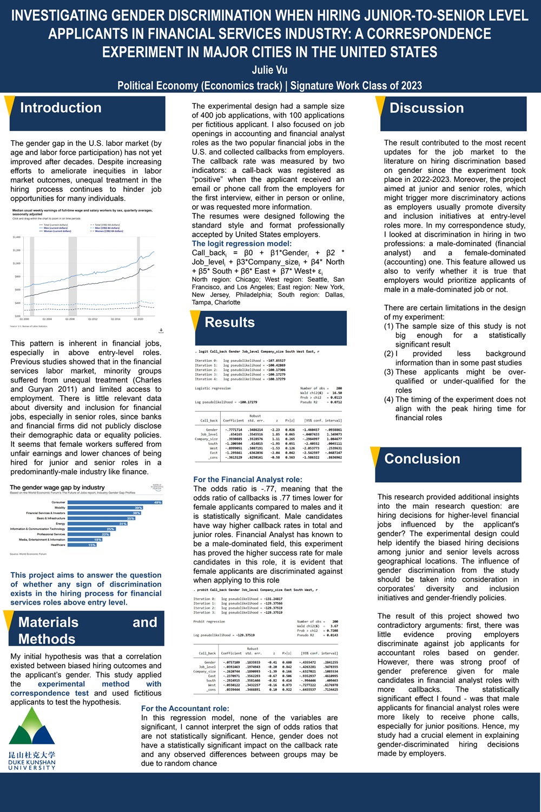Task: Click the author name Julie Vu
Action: [269, 70]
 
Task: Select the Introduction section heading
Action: [61, 108]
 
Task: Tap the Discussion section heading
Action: [426, 108]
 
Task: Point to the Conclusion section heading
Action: [422, 459]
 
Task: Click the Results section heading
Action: [229, 322]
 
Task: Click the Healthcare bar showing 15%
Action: [81, 545]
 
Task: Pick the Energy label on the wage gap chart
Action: [60, 524]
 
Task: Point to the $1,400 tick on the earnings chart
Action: [16, 237]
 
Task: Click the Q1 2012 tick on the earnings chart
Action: [93, 319]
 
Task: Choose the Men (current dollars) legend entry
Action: [57, 228]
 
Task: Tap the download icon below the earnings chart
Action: [161, 330]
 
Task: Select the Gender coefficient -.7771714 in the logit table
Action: [234, 430]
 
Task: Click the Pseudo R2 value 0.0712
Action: [335, 402]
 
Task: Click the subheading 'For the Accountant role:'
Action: [185, 709]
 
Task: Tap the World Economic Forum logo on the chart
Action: [156, 486]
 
